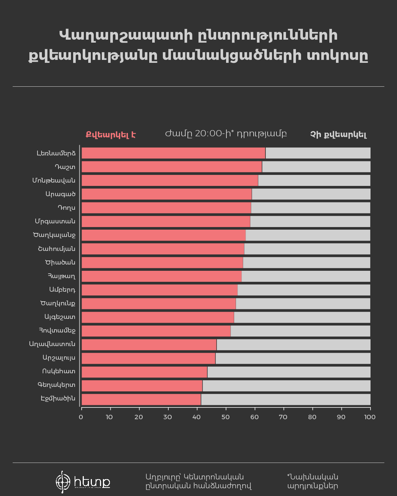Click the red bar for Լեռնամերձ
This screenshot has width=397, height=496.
[173, 153]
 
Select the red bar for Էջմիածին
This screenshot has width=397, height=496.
[141, 399]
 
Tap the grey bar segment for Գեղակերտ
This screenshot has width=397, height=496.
[286, 386]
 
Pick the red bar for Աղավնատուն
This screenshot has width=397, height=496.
[149, 345]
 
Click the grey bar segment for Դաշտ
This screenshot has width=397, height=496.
[316, 167]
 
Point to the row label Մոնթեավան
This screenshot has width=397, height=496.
[54, 180]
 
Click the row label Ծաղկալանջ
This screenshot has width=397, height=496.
[54, 235]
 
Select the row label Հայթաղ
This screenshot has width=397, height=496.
[61, 276]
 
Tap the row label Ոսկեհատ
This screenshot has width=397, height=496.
[58, 371]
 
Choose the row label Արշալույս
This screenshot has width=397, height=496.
[59, 357]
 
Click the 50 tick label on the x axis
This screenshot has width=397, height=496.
[225, 417]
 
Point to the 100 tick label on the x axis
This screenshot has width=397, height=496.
[369, 417]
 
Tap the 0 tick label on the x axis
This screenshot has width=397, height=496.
[81, 417]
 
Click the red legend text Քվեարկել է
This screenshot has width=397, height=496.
[111, 134]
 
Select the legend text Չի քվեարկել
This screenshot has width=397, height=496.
[338, 134]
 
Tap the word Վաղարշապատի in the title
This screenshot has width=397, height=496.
[125, 36]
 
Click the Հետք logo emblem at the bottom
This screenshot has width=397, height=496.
[63, 481]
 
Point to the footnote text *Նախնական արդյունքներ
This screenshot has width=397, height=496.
[312, 481]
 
